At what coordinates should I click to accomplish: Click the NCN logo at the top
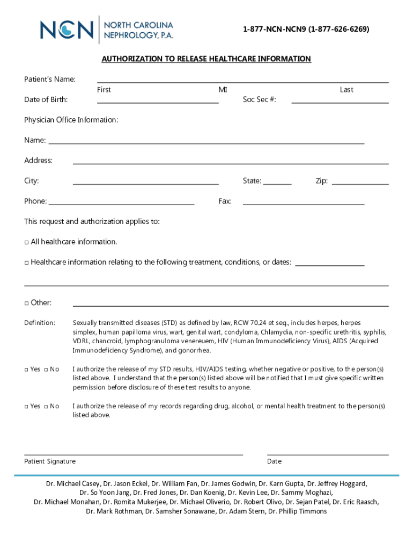(x=107, y=29)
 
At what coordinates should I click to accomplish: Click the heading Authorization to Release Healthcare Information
(x=206, y=59)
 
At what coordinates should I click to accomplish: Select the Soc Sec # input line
(x=340, y=100)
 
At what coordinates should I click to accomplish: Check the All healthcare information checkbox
(x=27, y=242)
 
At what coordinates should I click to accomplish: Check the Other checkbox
(x=27, y=303)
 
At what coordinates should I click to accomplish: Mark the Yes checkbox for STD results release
(x=27, y=370)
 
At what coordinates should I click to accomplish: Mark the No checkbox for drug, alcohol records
(x=46, y=407)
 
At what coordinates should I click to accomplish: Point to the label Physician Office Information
(x=71, y=120)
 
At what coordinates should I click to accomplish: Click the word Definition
(x=40, y=323)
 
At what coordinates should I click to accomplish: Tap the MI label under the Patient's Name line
(x=223, y=90)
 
